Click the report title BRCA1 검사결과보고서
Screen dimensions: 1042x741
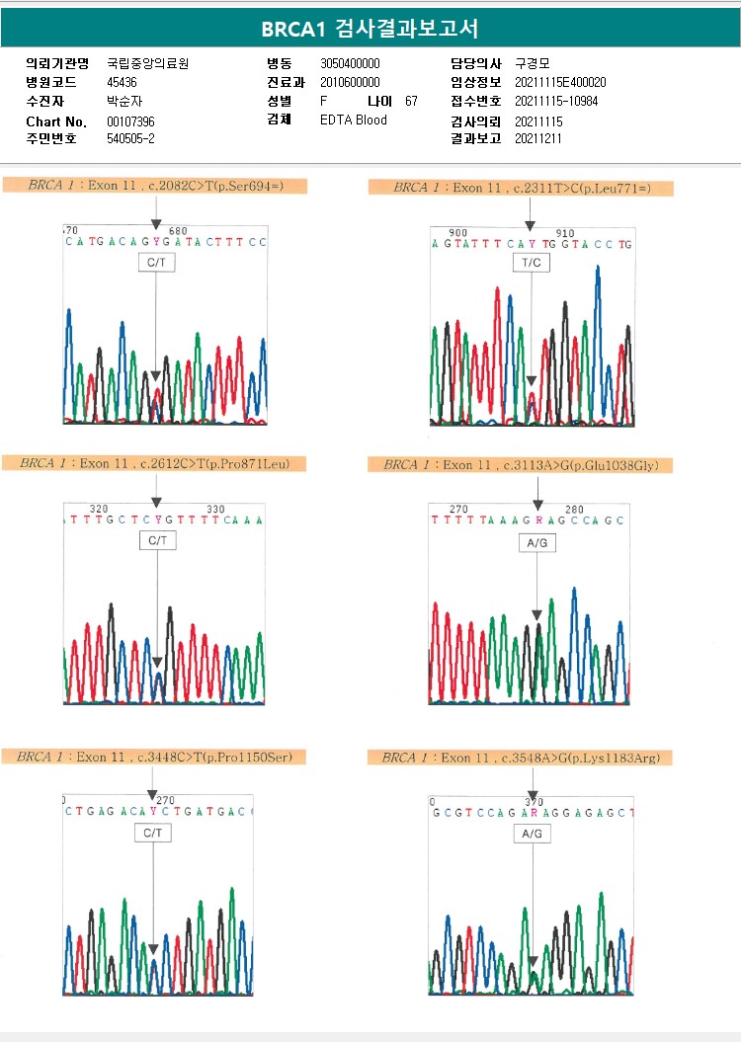pyautogui.click(x=370, y=30)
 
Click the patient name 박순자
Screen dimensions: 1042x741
pyautogui.click(x=123, y=101)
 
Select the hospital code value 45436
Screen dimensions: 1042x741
pyautogui.click(x=123, y=82)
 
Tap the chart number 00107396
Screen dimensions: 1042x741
pyautogui.click(x=130, y=120)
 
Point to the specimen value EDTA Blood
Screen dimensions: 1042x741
pyautogui.click(x=354, y=120)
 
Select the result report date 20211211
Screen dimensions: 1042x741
pyautogui.click(x=538, y=138)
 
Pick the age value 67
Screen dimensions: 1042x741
pyautogui.click(x=411, y=101)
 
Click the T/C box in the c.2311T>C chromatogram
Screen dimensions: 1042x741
pyautogui.click(x=531, y=263)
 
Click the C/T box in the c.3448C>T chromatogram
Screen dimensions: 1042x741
pyautogui.click(x=152, y=834)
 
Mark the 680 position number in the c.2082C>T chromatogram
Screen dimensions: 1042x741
pyautogui.click(x=178, y=231)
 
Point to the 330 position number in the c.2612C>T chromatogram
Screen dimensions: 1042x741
pyautogui.click(x=215, y=510)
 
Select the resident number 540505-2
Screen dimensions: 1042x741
pyautogui.click(x=130, y=138)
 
